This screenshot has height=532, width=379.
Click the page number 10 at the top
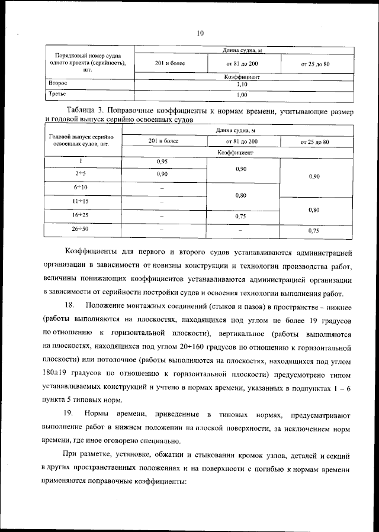200,33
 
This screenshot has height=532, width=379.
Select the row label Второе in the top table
57,85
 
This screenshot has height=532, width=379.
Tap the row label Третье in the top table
57,94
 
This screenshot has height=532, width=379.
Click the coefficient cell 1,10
242,85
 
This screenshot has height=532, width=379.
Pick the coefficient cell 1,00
242,95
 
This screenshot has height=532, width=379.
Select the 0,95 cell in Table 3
162,162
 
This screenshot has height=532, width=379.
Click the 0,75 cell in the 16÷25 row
241,217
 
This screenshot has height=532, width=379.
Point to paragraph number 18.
69,305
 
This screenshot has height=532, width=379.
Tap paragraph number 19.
69,412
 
